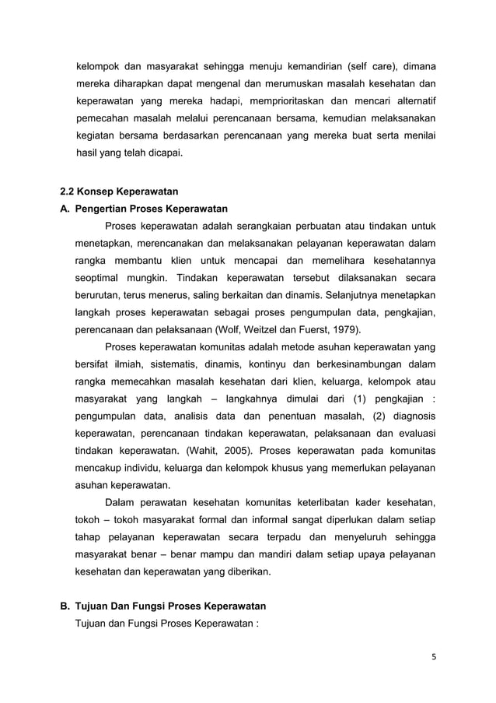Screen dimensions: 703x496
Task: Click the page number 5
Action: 434,655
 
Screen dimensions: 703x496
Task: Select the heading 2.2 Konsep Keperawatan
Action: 120,192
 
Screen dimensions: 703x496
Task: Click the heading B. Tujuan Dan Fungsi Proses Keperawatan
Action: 163,606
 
